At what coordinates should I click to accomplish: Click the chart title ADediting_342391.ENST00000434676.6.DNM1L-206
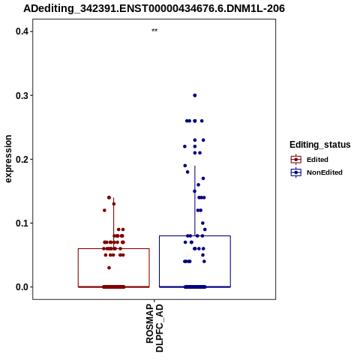[x=154, y=9]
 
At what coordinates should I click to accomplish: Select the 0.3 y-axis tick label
[x=22, y=95]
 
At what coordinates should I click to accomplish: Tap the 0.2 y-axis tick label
[x=22, y=159]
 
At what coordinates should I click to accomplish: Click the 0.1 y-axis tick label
[x=22, y=223]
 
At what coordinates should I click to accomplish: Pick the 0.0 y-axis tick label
[x=22, y=287]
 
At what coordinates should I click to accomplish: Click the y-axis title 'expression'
[x=8, y=159]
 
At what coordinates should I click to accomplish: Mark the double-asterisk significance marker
[x=154, y=31]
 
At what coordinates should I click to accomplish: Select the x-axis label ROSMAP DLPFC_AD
[x=154, y=328]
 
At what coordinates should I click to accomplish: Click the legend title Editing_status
[x=320, y=145]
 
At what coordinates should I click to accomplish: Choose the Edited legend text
[x=317, y=160]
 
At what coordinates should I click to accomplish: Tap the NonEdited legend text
[x=325, y=172]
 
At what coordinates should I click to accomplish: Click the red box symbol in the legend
[x=296, y=160]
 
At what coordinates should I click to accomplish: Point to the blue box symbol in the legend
[x=296, y=172]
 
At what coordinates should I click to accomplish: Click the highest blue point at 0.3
[x=195, y=95]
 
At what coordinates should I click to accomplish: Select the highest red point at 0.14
[x=109, y=197]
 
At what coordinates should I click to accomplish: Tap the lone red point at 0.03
[x=109, y=268]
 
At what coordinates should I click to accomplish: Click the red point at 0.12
[x=104, y=210]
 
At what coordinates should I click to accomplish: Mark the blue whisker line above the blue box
[x=195, y=200]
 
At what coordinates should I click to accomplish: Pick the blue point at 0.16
[x=198, y=184]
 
